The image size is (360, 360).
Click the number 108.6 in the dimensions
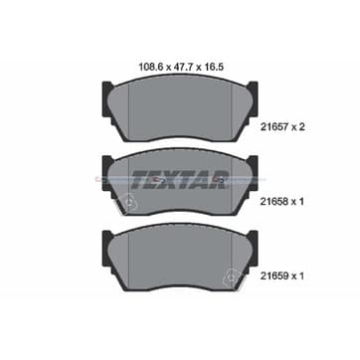149,67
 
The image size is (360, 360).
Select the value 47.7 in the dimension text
182,67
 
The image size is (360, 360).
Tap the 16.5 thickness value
213,67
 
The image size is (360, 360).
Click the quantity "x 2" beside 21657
297,127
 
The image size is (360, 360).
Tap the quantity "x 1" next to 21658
297,201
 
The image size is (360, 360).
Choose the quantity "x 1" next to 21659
297,275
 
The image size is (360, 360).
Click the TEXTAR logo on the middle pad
180,180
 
